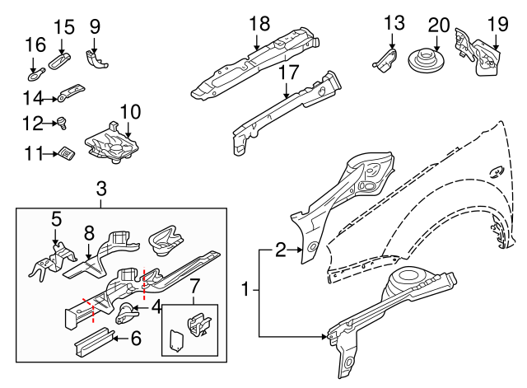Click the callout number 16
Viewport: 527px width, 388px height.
coord(34,44)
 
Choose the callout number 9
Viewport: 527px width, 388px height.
coord(96,26)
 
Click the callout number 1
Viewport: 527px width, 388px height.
coord(245,290)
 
